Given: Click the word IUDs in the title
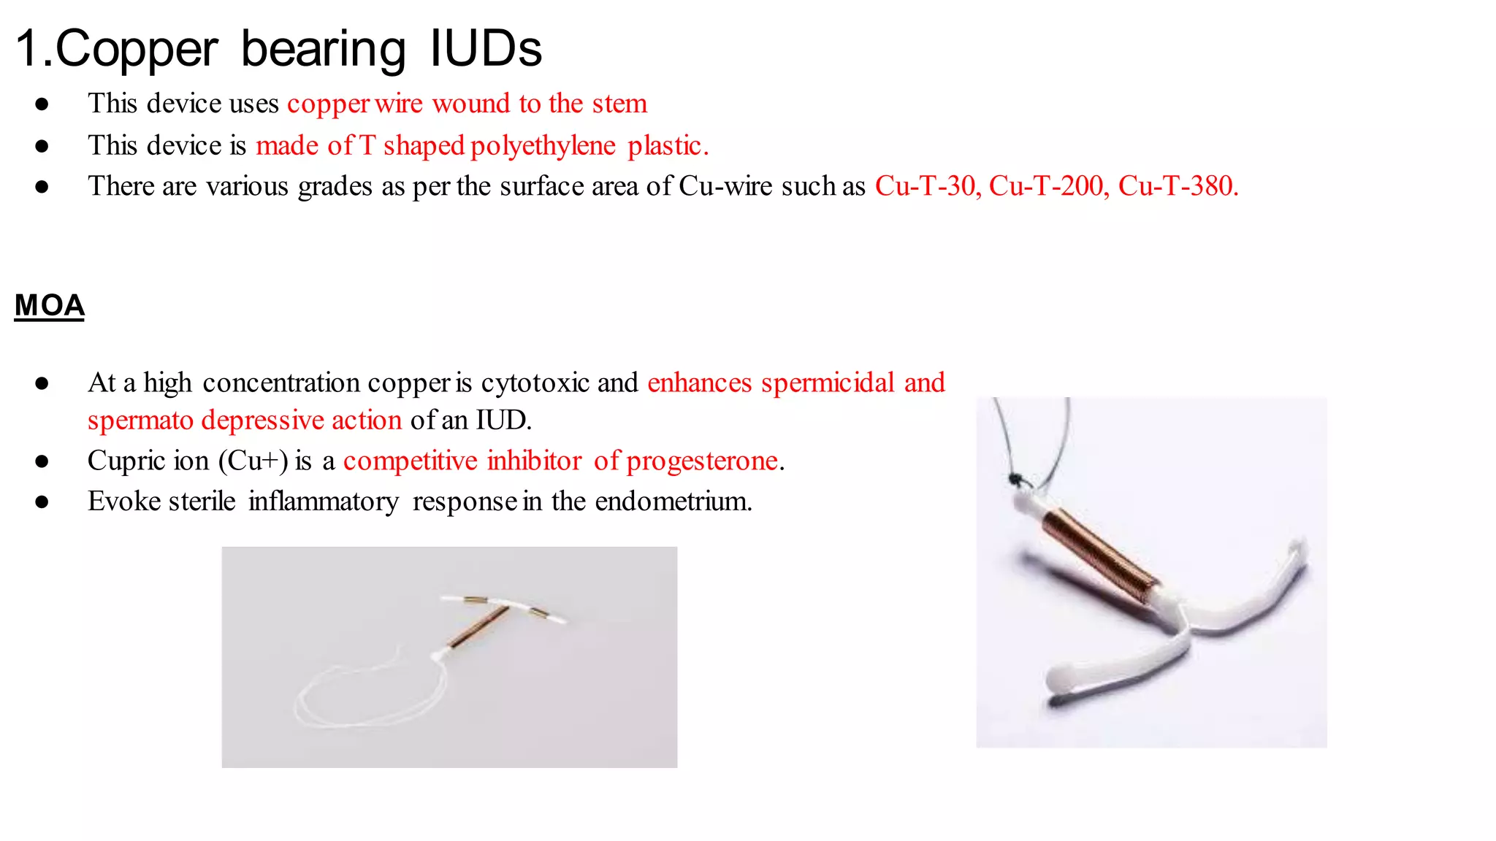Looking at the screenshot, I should pos(485,49).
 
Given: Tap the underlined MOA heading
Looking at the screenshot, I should pos(50,305).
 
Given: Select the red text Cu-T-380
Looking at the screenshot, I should pos(1178,186).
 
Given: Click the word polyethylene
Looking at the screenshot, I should pos(543,146).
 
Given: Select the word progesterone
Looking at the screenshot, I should pos(702,461).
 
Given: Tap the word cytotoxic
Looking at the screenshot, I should pos(535,383).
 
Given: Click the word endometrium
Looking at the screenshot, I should pos(673,502).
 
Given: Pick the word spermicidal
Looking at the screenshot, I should pos(828,383).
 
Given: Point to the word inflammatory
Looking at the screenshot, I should pos(324,502).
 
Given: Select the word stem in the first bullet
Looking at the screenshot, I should pos(619,104).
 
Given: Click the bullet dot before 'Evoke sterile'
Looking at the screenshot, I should pos(42,502).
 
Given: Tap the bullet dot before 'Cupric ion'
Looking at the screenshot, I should pos(42,461).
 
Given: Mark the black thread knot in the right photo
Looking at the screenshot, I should pos(1014,479).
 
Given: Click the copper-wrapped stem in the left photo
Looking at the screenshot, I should pos(479,626).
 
